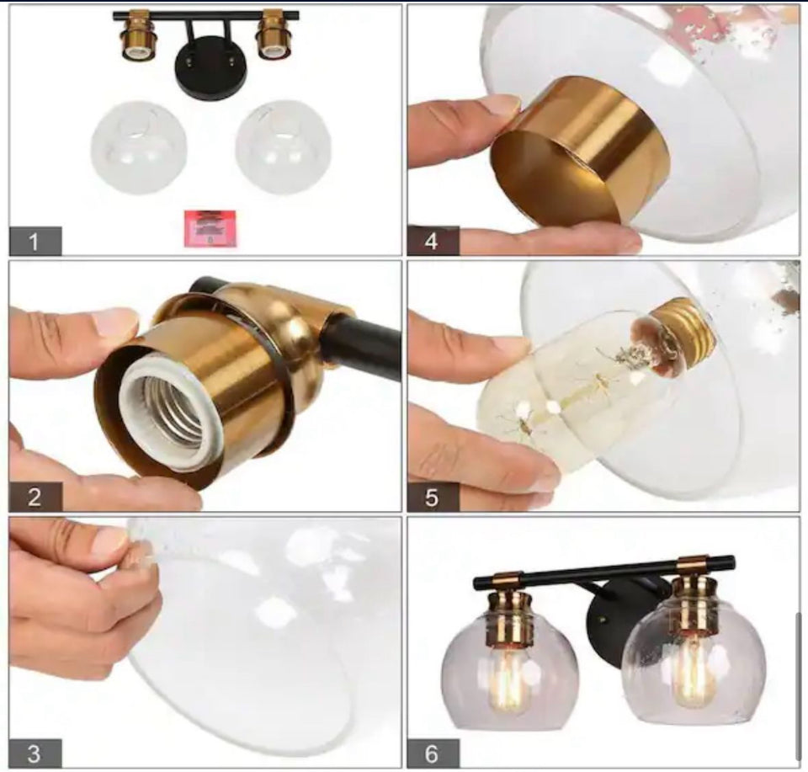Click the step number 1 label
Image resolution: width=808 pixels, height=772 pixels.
(x=35, y=241)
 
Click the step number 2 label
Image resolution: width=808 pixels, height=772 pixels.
(x=35, y=497)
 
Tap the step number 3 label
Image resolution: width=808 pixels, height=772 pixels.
(x=35, y=753)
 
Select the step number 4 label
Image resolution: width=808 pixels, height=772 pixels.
(x=433, y=241)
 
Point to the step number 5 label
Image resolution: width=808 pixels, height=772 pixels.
(x=433, y=497)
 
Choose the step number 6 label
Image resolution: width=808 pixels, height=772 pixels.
(x=433, y=753)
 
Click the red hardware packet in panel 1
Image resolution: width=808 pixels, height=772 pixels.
(x=210, y=228)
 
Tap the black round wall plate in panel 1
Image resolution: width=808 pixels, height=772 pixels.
(x=210, y=68)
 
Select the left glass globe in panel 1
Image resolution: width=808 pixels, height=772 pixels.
(x=139, y=147)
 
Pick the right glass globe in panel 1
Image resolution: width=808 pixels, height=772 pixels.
(x=284, y=147)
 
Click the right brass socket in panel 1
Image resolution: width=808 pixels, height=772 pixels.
(x=275, y=35)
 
